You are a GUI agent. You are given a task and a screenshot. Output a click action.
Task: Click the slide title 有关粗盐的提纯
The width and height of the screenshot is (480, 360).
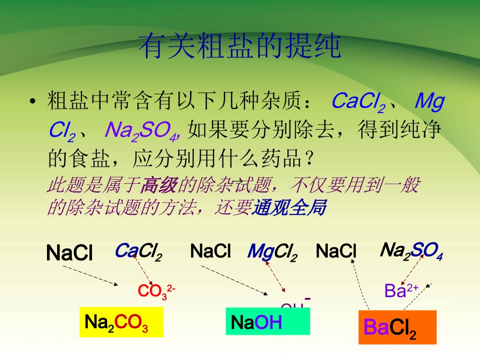pos(240,47)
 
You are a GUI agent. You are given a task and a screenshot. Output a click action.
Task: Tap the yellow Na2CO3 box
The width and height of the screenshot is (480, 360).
pos(121,322)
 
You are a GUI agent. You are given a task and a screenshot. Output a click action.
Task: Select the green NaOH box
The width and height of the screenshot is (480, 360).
pos(267,322)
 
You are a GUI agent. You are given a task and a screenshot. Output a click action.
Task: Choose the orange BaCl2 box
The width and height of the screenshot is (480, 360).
pos(397,327)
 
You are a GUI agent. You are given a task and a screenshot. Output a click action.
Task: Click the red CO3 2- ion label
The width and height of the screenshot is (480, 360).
pos(156,291)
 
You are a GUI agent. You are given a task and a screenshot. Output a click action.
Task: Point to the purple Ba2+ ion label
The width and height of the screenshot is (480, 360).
pos(401,290)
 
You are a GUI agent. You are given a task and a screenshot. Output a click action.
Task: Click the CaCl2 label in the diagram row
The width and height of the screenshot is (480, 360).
pos(138,251)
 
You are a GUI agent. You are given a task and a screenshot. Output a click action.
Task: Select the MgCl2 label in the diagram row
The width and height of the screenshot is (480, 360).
pos(272,251)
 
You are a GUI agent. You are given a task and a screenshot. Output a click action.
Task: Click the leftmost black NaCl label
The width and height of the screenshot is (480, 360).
pos(69,253)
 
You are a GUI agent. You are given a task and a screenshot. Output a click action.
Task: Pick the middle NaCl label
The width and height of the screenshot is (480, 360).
pos(210,251)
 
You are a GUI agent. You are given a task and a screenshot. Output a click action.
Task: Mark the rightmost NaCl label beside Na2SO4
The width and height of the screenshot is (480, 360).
pos(336,251)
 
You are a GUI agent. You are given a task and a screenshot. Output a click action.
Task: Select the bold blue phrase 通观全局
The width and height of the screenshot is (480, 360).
pos(289,208)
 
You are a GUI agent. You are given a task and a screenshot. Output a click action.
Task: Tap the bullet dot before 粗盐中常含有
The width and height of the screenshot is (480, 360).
pos(33,102)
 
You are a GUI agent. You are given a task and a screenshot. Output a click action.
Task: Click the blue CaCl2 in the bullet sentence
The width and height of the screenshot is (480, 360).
pos(358,102)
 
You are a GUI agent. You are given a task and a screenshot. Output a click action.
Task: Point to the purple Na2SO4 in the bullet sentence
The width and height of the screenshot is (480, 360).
pos(141,131)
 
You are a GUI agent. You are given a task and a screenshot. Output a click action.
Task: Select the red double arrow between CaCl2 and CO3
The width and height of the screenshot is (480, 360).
pos(143,271)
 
